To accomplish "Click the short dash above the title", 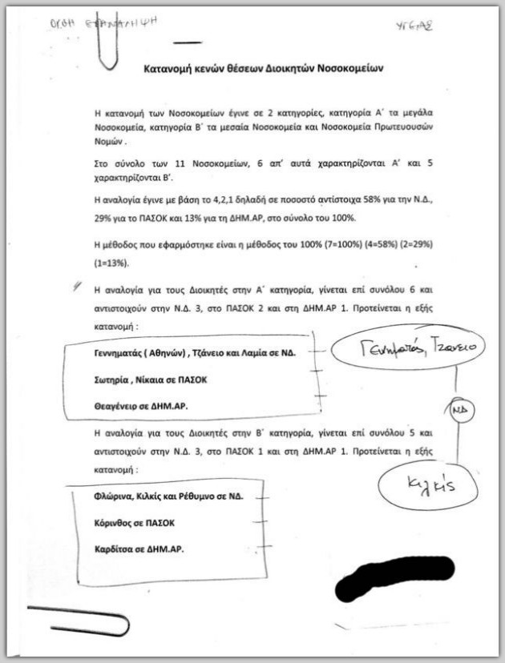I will [188, 42].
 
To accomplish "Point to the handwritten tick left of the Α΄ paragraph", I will [76, 286].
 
